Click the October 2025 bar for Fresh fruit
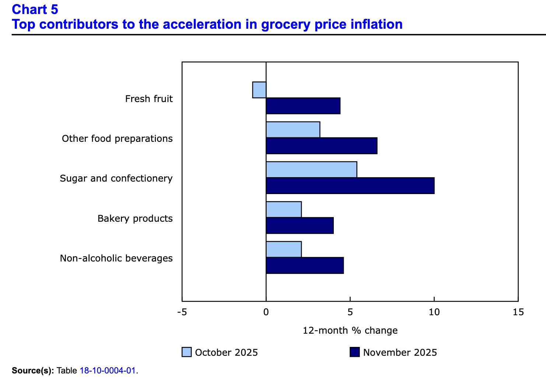pos(259,90)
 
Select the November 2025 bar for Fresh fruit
pos(303,106)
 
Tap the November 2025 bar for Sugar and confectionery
pos(350,186)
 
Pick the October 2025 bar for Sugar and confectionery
pos(311,169)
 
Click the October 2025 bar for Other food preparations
pos(293,130)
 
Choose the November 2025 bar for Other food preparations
pos(321,146)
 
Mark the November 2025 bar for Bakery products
pos(300,225)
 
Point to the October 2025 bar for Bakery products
pos(284,210)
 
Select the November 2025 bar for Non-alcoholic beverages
pos(305,266)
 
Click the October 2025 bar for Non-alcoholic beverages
pos(284,249)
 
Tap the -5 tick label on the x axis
pos(182,312)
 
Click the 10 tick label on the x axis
pos(434,312)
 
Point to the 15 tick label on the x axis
pos(518,312)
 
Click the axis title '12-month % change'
pos(350,330)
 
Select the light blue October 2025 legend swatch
pos(187,352)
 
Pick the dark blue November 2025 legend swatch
pos(354,352)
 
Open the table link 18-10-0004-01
pos(108,370)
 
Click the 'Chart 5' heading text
pos(35,10)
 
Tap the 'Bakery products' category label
pos(135,218)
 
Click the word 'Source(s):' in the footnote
pos(33,370)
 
